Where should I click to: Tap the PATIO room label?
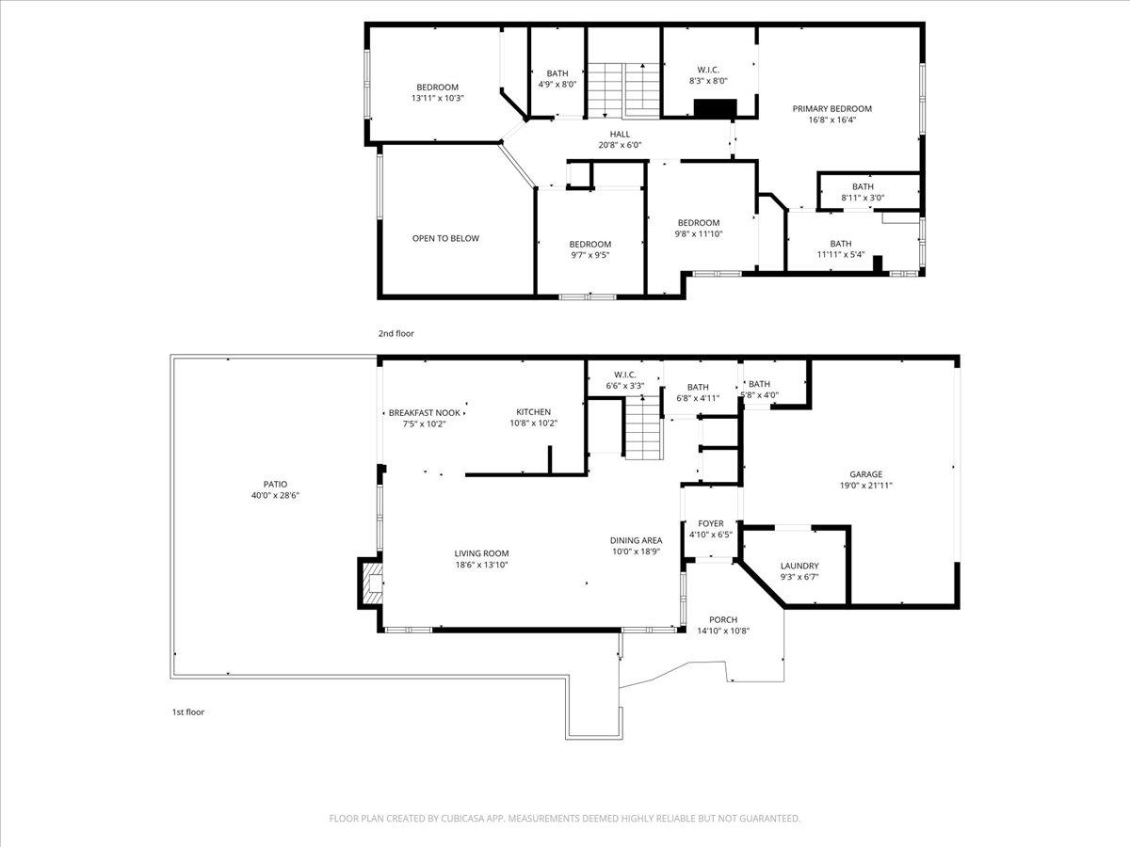(275, 484)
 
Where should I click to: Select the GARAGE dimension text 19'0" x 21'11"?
(865, 486)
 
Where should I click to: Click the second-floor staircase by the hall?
(623, 89)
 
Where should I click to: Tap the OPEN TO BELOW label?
(445, 238)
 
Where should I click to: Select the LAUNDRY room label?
(799, 566)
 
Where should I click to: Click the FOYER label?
(710, 523)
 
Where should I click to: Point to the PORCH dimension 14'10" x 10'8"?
(722, 631)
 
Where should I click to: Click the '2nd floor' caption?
(395, 333)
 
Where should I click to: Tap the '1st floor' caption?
(187, 711)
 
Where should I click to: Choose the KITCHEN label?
(533, 412)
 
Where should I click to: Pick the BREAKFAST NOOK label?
(425, 412)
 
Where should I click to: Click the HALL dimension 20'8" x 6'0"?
(620, 145)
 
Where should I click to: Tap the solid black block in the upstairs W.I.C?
(713, 108)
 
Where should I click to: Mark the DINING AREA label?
(636, 540)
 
